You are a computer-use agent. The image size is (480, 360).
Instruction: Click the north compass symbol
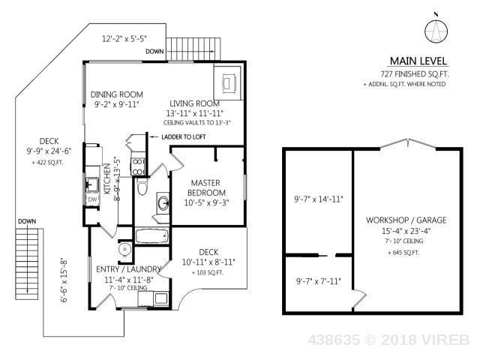436,31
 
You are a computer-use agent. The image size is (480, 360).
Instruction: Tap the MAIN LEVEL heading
418,61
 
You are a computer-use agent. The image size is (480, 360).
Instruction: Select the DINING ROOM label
117,94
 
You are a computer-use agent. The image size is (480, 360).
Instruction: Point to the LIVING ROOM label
195,103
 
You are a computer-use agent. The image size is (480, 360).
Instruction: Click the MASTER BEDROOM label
206,187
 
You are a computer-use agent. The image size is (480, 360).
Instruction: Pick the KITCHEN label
107,178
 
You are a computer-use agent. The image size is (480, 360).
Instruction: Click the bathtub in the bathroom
151,236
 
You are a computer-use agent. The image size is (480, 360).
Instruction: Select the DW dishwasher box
92,199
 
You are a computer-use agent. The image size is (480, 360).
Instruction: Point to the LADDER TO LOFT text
184,136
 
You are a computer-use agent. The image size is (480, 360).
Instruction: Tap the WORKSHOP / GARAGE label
406,220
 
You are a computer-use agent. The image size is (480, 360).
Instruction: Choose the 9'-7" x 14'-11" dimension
319,199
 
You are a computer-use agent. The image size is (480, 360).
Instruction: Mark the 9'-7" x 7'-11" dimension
318,281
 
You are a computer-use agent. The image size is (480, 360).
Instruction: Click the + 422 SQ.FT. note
47,163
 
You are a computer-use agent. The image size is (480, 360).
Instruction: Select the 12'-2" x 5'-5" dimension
124,38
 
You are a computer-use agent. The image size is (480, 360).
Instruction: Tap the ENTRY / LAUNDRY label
128,269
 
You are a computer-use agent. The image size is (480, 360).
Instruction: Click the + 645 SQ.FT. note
403,253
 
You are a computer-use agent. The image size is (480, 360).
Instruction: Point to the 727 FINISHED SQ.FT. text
415,74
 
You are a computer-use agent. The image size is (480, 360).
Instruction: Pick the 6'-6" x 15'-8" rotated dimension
64,281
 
